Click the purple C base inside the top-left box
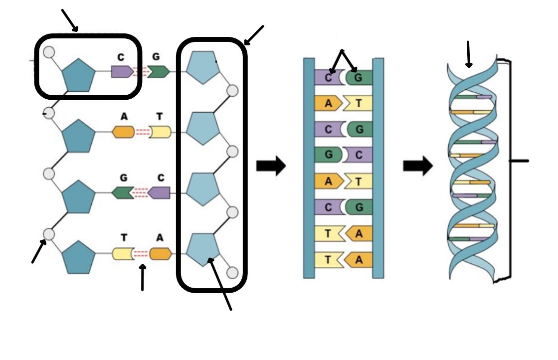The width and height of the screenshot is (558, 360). (122, 71)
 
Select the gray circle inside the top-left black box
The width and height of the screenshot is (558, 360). (49, 52)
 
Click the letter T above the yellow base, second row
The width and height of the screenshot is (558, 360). (160, 116)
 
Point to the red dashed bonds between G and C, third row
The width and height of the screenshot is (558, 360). (141, 193)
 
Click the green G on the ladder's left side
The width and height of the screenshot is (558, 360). (328, 155)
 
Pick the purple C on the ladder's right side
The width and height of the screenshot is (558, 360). (358, 155)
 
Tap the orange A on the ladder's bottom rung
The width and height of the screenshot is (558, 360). (358, 260)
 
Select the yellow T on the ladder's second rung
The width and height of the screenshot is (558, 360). (358, 103)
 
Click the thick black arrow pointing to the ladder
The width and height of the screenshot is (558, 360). (271, 166)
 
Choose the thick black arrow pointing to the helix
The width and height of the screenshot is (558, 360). (418, 166)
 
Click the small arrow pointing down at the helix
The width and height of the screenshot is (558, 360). (468, 54)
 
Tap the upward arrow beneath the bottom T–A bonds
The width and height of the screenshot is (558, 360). (142, 277)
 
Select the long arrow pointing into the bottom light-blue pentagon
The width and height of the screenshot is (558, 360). (220, 284)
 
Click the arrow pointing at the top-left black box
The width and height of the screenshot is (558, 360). (70, 20)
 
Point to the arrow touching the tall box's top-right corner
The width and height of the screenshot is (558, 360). (254, 35)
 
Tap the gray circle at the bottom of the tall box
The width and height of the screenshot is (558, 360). (232, 273)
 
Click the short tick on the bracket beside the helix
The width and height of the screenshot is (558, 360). (519, 161)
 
